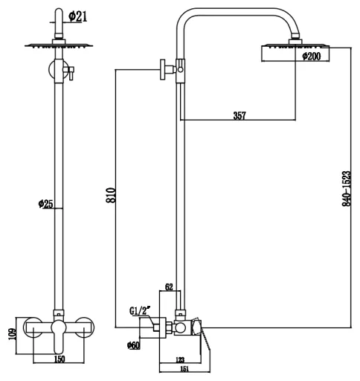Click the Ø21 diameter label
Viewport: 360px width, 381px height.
(x=78, y=16)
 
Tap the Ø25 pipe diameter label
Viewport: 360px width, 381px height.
(x=45, y=204)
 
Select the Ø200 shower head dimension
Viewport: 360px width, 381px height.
(x=312, y=57)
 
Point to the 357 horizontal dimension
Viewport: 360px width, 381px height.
(x=240, y=115)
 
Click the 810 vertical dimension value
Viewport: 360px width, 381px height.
(x=111, y=196)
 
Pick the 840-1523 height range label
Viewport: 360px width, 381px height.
(x=347, y=188)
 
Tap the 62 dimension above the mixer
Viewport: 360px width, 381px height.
(x=169, y=287)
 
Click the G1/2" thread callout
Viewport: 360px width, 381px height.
(x=140, y=311)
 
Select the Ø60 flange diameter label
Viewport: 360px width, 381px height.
(x=133, y=345)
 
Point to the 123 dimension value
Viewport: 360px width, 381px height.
(x=180, y=359)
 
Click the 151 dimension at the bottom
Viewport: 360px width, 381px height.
(x=184, y=369)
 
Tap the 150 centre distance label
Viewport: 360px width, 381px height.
(x=59, y=359)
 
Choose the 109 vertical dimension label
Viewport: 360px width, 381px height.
(x=12, y=334)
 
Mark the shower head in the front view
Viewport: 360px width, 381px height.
(x=59, y=45)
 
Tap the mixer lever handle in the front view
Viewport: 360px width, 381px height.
(x=59, y=336)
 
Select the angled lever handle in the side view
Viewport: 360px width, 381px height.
(x=206, y=342)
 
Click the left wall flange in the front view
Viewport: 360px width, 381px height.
(x=33, y=327)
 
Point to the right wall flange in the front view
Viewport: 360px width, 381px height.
(x=85, y=327)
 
